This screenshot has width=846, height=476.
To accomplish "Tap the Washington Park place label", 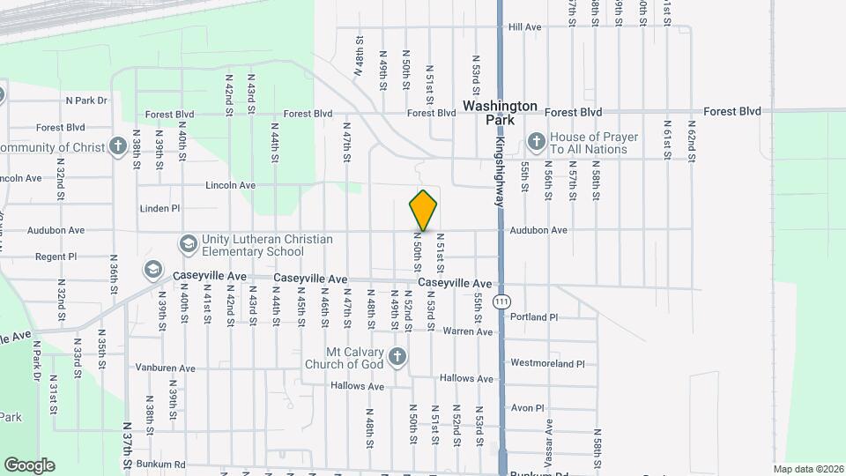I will pos(500,112).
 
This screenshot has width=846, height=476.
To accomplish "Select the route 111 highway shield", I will pos(501,301).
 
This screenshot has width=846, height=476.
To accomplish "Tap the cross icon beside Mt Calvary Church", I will pos(397,357).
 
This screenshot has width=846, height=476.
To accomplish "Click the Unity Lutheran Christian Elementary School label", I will pos(267,244).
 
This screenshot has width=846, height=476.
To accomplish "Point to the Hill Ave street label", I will pos(525,27).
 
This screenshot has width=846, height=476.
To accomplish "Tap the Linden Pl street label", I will pos(160,209).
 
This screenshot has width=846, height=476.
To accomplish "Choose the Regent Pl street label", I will pos(56,257).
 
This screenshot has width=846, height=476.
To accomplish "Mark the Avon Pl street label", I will pos(528,408).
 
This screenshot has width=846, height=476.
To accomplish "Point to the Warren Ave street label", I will pos(467,331).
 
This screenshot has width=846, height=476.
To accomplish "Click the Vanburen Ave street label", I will pos(165,368).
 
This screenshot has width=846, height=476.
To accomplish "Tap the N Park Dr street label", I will pos(85,100).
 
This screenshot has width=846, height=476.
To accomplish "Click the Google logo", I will pos(29,465).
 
